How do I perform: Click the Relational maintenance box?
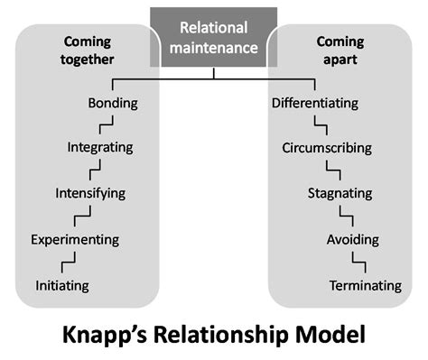click(x=214, y=39)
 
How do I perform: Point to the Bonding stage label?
click(x=113, y=103)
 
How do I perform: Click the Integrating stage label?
click(x=100, y=147)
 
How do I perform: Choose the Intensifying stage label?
click(x=89, y=193)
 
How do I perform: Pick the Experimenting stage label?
click(x=74, y=239)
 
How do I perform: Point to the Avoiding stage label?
click(x=353, y=239)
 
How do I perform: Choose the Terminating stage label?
click(x=366, y=285)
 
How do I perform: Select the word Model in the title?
click(x=330, y=335)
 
